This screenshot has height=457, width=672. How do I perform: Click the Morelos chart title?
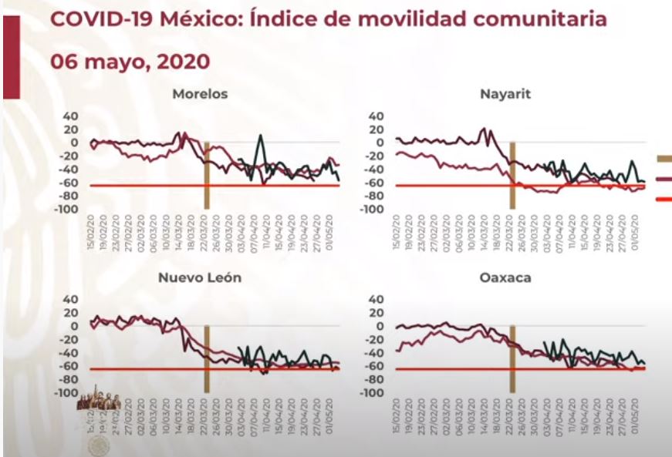[x=200, y=95]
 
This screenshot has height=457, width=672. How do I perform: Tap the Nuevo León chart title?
[x=200, y=278]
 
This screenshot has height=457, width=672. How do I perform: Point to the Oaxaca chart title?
[x=508, y=278]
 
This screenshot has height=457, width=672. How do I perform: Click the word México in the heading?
[x=201, y=19]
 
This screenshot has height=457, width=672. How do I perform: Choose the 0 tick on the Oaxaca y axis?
[x=380, y=326]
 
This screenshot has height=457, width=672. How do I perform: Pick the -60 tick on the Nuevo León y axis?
[x=70, y=366]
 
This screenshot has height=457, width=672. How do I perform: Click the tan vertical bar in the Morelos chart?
[x=207, y=175]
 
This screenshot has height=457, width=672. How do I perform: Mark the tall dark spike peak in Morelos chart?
[x=260, y=136]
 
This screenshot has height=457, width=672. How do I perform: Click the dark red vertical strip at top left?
[x=11, y=49]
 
